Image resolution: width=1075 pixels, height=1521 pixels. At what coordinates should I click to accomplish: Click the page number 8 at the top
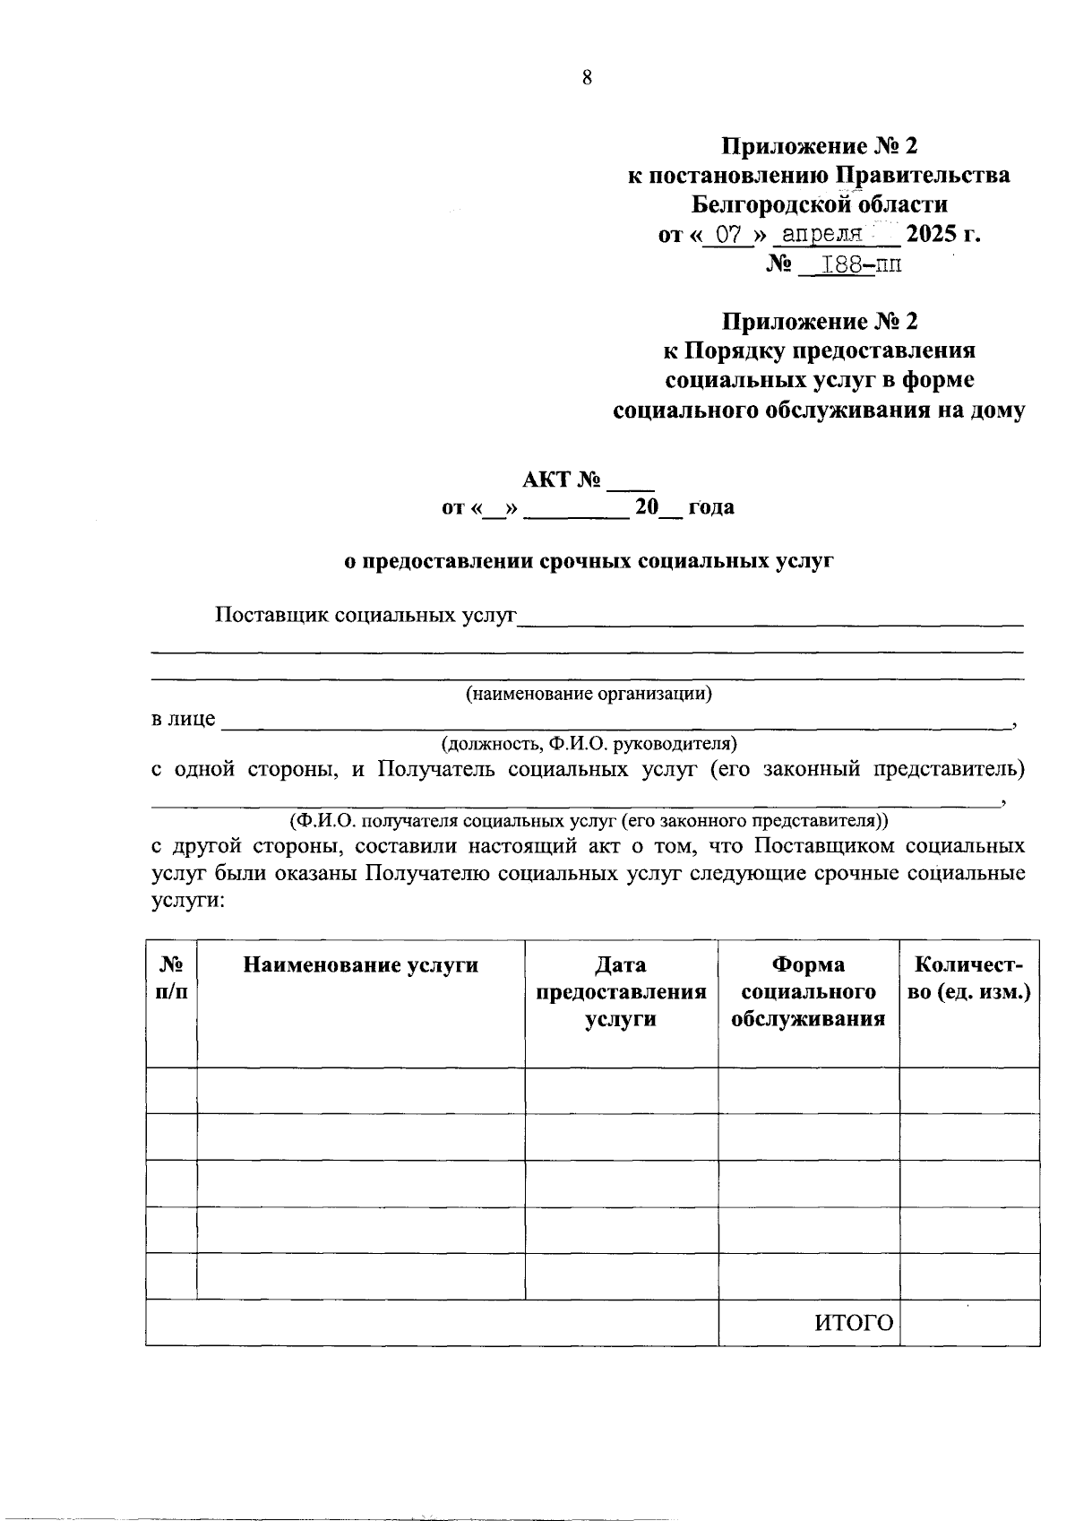(587, 78)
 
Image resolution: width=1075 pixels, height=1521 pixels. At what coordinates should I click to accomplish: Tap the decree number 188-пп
(852, 265)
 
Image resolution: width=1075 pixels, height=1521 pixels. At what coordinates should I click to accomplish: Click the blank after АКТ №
(631, 481)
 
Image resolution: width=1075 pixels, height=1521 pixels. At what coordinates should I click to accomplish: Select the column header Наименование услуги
(361, 965)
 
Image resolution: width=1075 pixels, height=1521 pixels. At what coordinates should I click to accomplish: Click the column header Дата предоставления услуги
(621, 992)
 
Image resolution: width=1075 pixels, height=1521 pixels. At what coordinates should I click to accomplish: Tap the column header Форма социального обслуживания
(808, 992)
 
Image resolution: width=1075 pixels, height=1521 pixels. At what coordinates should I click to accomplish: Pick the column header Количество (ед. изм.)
(969, 979)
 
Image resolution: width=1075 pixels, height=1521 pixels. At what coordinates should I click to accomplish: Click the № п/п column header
(171, 979)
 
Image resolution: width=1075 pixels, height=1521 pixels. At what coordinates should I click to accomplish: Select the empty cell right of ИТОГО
(969, 1323)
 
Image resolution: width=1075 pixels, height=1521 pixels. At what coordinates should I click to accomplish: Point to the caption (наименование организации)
(588, 694)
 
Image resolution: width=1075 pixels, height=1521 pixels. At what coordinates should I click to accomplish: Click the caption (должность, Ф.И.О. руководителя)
(588, 744)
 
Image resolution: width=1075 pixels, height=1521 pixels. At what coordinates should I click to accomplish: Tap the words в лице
(183, 720)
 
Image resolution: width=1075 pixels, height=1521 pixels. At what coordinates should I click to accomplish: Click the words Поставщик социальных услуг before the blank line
(365, 617)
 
